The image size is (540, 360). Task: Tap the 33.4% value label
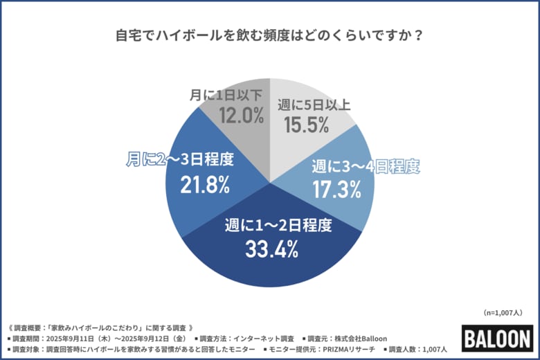[271, 248]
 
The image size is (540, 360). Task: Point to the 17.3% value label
[336, 188]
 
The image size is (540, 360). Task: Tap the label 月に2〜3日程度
[179, 160]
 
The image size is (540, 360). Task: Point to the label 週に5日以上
[314, 105]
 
